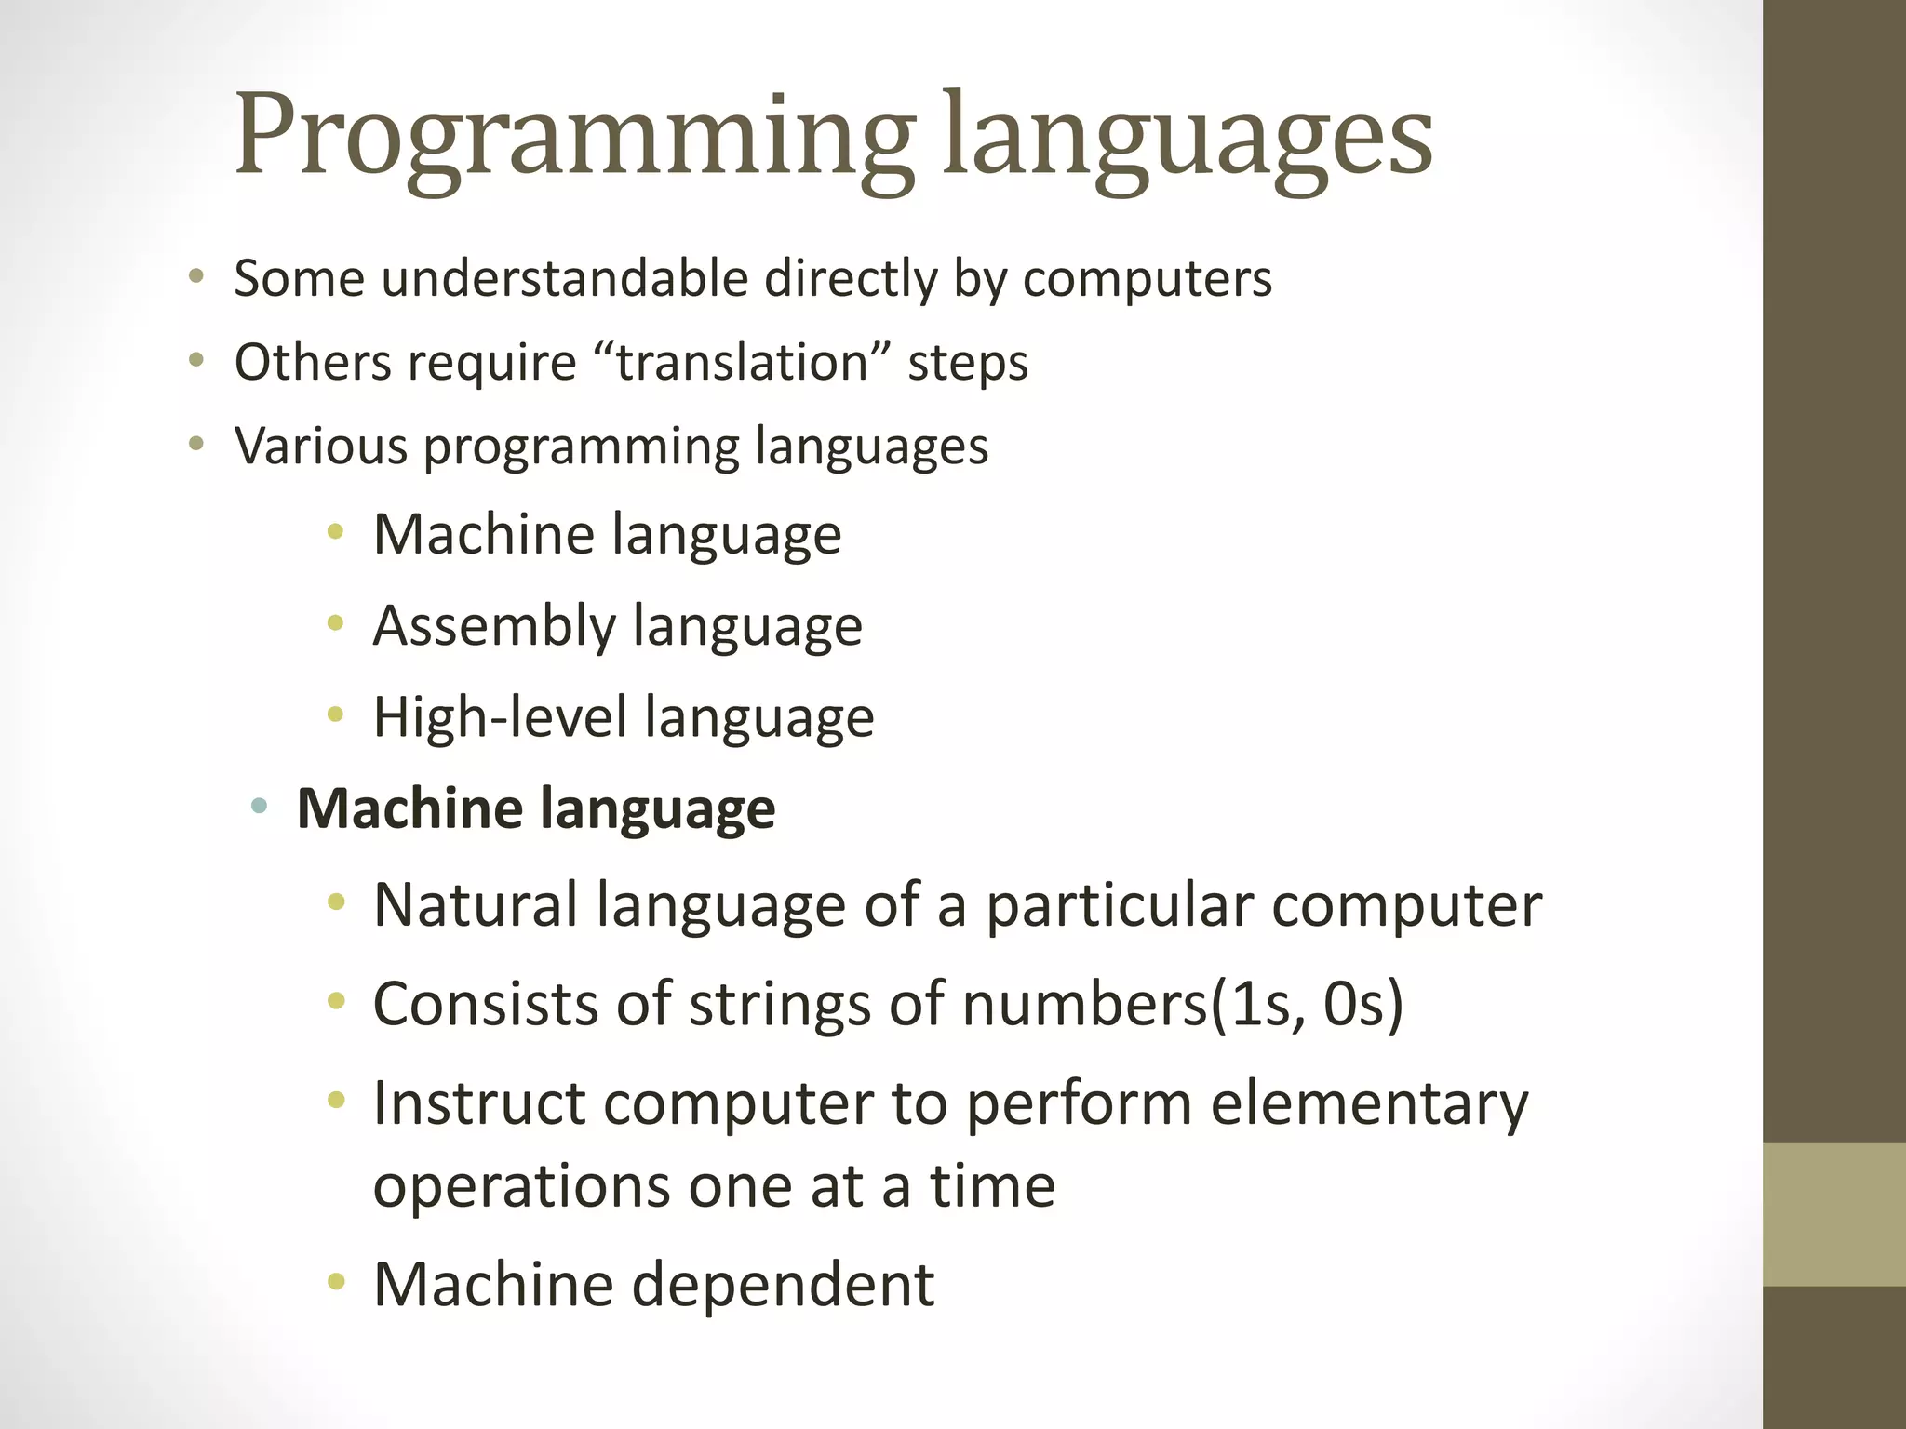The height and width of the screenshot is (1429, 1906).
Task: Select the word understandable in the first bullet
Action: coord(564,278)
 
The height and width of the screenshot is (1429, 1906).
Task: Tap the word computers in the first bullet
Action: coord(1147,278)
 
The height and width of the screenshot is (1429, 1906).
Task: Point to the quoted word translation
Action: coord(742,362)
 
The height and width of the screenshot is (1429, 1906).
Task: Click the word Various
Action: coord(321,446)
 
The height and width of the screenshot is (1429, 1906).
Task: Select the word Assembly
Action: coord(494,625)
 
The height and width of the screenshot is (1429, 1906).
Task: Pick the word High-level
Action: coord(501,717)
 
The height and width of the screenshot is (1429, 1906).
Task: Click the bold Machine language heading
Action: coord(536,808)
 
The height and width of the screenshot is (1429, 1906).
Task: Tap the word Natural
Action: coord(476,904)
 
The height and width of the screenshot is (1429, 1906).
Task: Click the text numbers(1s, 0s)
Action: coord(1182,1004)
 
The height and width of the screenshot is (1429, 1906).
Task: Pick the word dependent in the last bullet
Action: coord(784,1285)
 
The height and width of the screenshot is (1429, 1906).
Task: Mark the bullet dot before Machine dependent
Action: coord(336,1283)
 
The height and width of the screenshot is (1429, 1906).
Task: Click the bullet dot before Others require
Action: coord(195,360)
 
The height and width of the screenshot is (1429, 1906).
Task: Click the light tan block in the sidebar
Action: coord(1833,1214)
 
